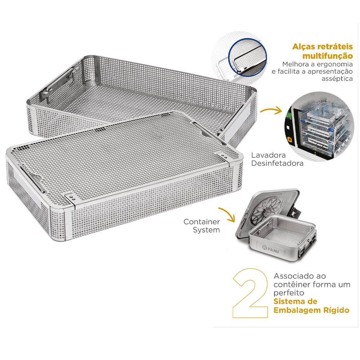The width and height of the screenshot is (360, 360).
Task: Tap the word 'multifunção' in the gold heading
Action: [x=327, y=56]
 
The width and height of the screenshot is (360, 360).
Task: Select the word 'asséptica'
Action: [x=337, y=79]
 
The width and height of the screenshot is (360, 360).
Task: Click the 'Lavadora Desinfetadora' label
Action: [x=277, y=159]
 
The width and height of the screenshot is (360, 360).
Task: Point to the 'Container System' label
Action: [x=202, y=226]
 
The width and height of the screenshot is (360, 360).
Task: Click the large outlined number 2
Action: [x=251, y=293]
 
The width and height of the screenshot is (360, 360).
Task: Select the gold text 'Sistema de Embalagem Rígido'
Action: [x=311, y=306]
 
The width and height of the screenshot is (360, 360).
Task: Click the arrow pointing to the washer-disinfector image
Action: [x=271, y=110]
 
